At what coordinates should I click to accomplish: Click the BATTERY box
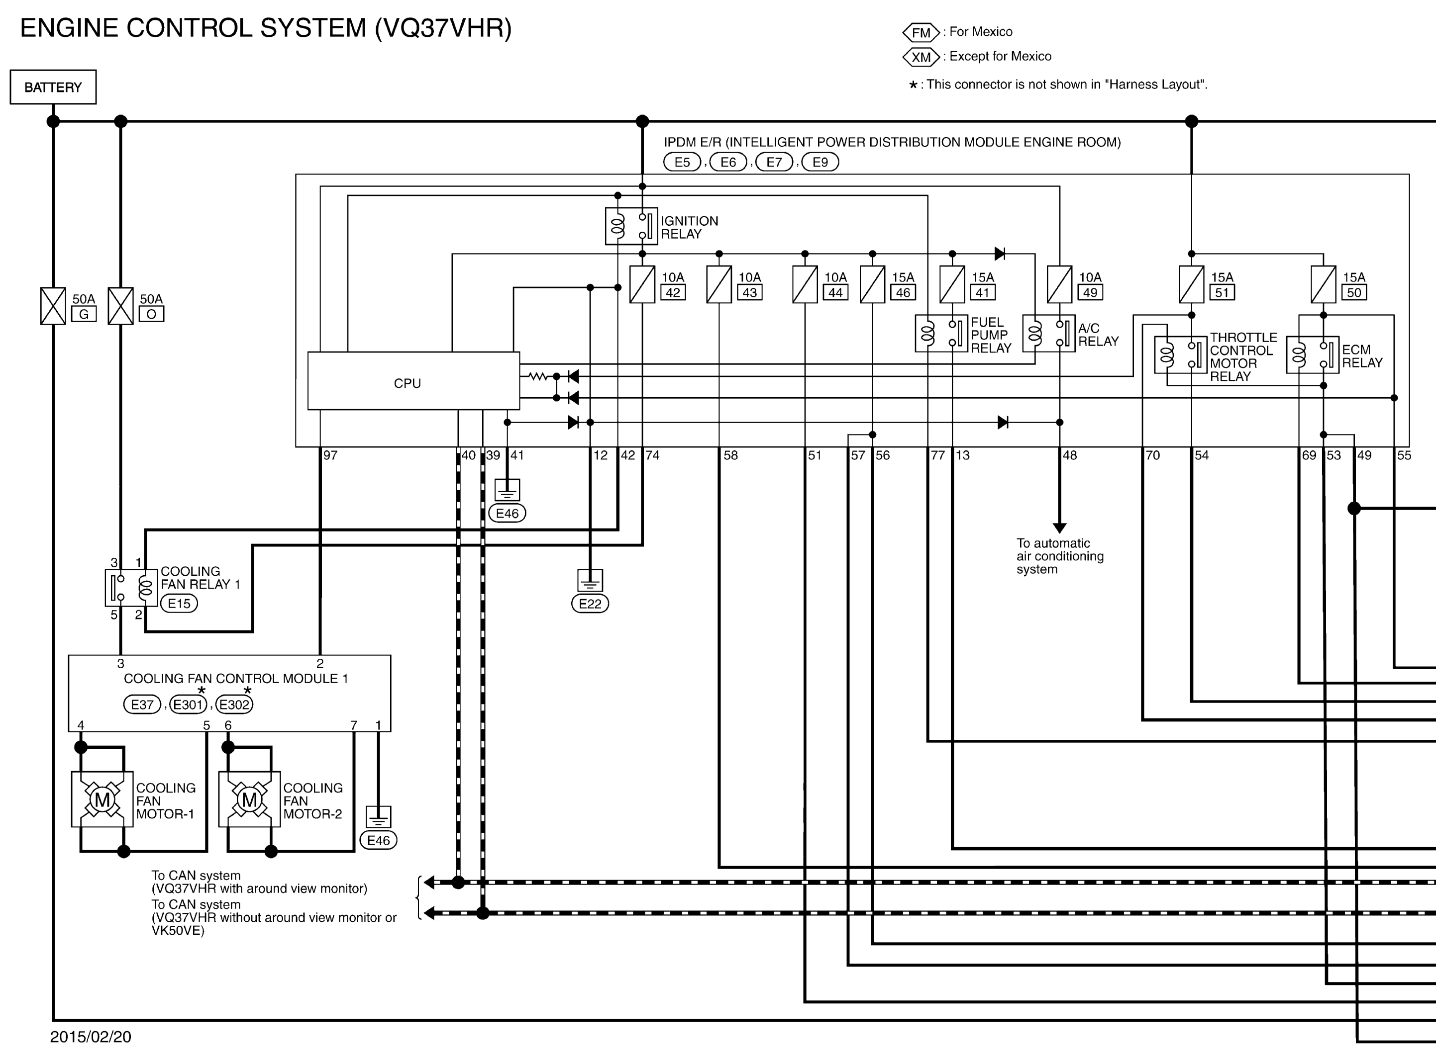[x=53, y=87]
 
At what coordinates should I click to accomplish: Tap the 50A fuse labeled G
[x=53, y=306]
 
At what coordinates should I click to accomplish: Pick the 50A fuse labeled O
[x=120, y=306]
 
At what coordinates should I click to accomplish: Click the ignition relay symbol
[x=631, y=226]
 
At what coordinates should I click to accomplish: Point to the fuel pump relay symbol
[x=941, y=333]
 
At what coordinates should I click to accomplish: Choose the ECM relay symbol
[x=1312, y=354]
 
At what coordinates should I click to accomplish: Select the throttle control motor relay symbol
[x=1180, y=354]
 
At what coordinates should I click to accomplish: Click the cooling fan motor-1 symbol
[x=103, y=799]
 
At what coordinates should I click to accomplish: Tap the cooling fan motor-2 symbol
[x=249, y=799]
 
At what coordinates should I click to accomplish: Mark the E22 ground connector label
[x=590, y=604]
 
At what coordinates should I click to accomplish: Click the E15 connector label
[x=179, y=603]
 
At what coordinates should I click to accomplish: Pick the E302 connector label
[x=234, y=705]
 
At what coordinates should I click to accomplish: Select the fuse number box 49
[x=1090, y=293]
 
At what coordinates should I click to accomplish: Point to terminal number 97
[x=330, y=455]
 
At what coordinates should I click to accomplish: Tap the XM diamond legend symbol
[x=921, y=57]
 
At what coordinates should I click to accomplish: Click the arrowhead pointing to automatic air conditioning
[x=1059, y=528]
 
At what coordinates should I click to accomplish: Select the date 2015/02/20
[x=91, y=1037]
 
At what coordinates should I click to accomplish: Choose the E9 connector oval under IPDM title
[x=821, y=162]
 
